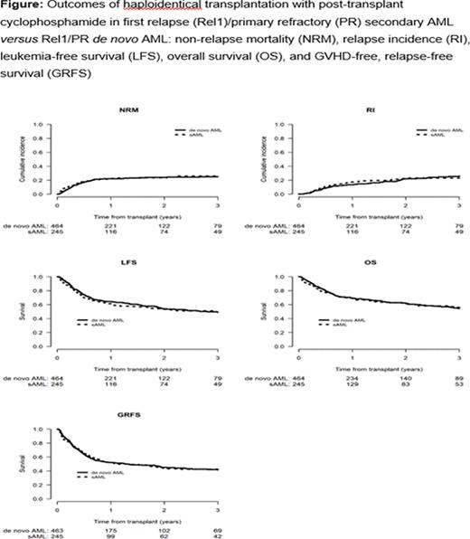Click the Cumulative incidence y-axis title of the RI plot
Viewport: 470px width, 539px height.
pos(266,159)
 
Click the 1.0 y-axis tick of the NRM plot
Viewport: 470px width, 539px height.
pos(46,126)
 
